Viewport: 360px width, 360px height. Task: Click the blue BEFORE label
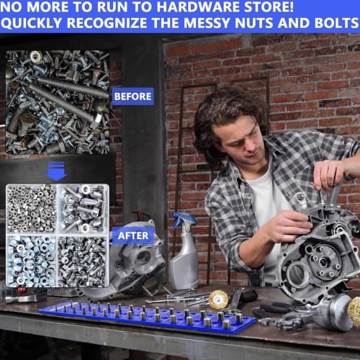132,96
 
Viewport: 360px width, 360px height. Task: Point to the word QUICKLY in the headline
37,24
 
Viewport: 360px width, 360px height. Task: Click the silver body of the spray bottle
184,263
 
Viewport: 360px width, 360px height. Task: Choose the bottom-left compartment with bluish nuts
31,261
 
